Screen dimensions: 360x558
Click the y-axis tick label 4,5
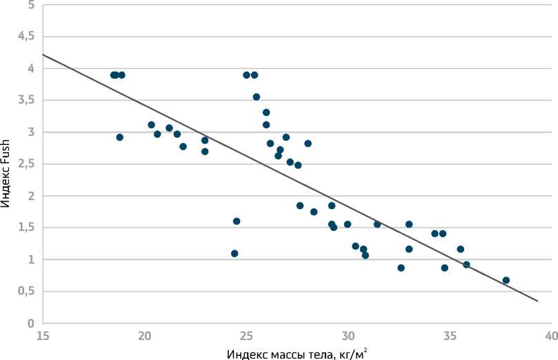(26, 37)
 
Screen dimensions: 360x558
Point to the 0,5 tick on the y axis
(26, 292)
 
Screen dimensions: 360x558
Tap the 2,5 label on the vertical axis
(26, 164)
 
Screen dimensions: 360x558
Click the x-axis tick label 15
(42, 337)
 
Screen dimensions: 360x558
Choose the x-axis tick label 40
(551, 337)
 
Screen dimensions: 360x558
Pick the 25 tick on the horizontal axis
(246, 337)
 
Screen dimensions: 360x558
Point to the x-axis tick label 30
(348, 337)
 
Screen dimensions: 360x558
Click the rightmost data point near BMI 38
(506, 281)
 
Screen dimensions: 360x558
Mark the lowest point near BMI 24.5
(235, 254)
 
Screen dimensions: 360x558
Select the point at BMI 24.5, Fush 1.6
(237, 221)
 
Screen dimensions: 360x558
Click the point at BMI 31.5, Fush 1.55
(377, 224)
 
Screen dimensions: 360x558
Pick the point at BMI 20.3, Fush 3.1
(151, 125)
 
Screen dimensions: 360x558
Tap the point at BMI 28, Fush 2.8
(308, 143)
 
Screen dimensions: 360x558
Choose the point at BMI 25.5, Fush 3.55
(257, 97)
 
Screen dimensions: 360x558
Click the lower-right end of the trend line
(537, 301)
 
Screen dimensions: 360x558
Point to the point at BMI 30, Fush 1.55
(348, 224)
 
